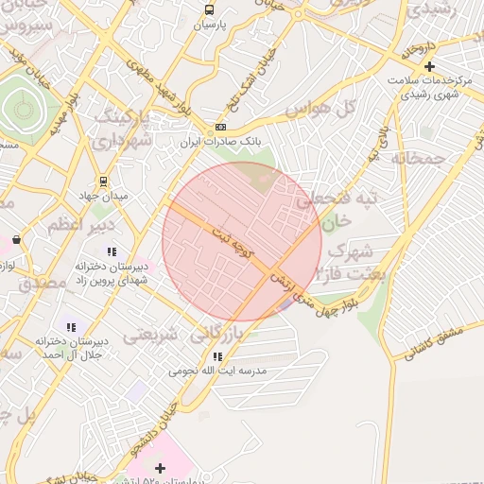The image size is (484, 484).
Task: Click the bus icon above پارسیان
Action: [x=209, y=10]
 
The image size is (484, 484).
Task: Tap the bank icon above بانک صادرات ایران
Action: [x=220, y=127]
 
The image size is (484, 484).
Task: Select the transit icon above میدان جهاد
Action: [x=102, y=181]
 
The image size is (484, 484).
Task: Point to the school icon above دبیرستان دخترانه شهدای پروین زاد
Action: [x=112, y=251]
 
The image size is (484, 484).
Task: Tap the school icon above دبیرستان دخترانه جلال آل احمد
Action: [x=71, y=327]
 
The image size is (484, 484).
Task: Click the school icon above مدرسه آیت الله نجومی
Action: [x=217, y=356]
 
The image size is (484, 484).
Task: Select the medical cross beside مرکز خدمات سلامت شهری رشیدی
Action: [x=430, y=66]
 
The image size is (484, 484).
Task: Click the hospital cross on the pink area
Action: [x=160, y=467]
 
